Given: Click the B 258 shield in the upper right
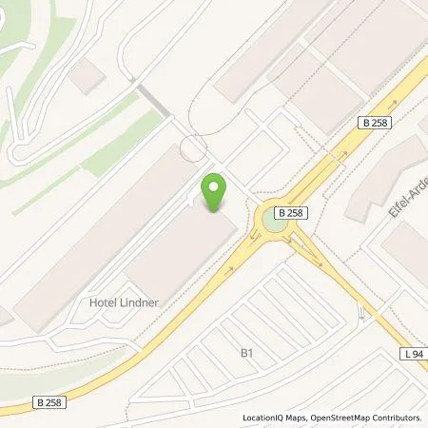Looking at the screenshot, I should [375, 123].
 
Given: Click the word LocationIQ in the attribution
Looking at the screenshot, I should [266, 418].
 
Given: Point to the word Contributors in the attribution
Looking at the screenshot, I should [397, 418].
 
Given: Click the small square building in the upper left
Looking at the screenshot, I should [87, 75].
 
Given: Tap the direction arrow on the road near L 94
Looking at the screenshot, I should [360, 312].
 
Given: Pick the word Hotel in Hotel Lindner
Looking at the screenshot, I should [102, 302].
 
